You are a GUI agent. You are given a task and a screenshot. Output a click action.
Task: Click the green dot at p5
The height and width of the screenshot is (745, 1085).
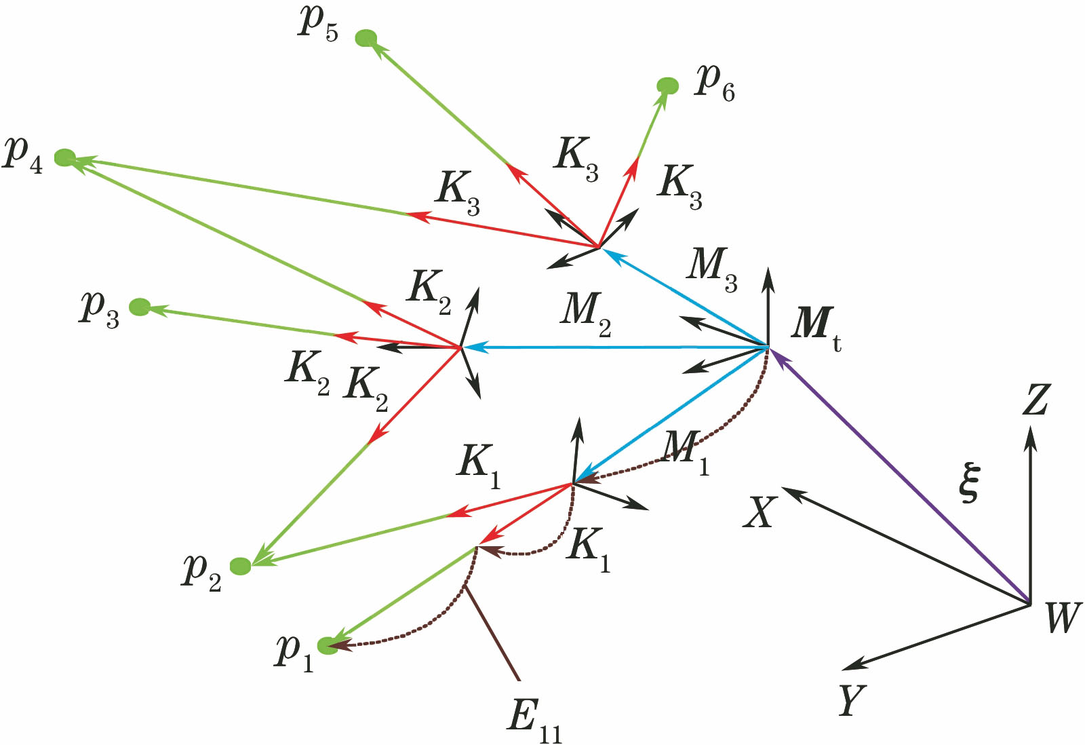tap(366, 38)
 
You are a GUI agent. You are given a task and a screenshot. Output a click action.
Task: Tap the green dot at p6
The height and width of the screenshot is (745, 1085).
tap(667, 86)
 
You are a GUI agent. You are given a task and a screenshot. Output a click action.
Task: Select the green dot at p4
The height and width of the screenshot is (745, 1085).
tap(64, 158)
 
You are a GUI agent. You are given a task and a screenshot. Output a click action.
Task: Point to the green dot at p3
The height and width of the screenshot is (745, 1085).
tap(140, 307)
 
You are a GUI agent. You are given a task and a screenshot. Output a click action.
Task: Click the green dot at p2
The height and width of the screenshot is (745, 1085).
tap(241, 566)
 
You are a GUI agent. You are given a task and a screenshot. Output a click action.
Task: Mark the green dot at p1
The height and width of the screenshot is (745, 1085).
tap(328, 645)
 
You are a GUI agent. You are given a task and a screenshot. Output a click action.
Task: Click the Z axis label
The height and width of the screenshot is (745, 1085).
tap(1035, 400)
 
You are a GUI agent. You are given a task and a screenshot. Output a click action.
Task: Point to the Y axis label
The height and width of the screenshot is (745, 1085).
tap(852, 700)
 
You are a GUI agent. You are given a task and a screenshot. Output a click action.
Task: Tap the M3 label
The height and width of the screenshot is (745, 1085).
tap(711, 267)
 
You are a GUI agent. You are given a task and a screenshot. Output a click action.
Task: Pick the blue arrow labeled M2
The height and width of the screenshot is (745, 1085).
tap(610, 347)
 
